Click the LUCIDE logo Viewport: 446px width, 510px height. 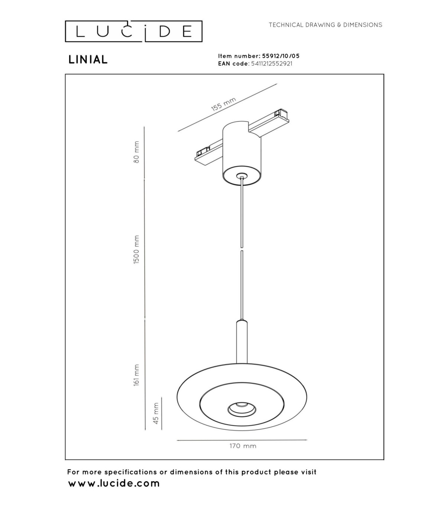(133, 31)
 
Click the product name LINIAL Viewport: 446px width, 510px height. (88, 59)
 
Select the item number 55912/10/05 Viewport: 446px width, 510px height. (281, 56)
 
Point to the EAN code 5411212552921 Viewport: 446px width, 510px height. (272, 64)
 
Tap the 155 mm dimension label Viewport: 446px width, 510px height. (223, 104)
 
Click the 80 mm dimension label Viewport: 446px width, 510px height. (136, 152)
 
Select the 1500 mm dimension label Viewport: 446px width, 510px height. (136, 249)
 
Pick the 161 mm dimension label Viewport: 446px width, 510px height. (136, 375)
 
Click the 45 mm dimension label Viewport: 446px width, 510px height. (156, 413)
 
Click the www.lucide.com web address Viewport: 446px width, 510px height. (114, 483)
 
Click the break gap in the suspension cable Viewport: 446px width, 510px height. (242, 249)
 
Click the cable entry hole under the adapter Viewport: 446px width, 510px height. (242, 176)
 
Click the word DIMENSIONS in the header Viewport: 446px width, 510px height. (363, 25)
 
